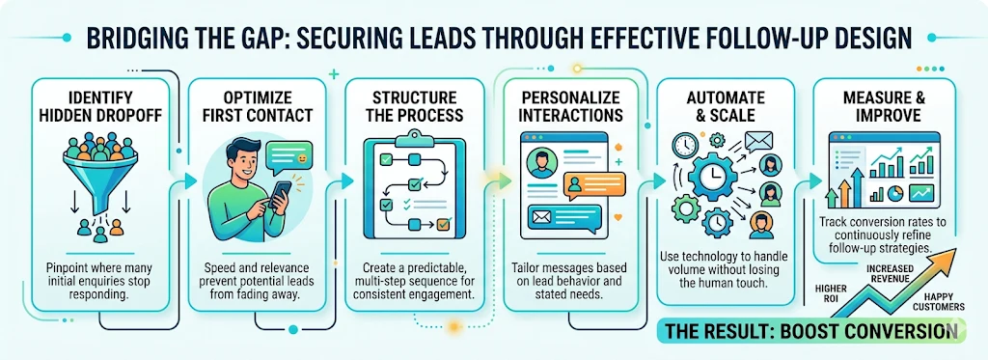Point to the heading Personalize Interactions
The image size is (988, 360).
(x=570, y=107)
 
